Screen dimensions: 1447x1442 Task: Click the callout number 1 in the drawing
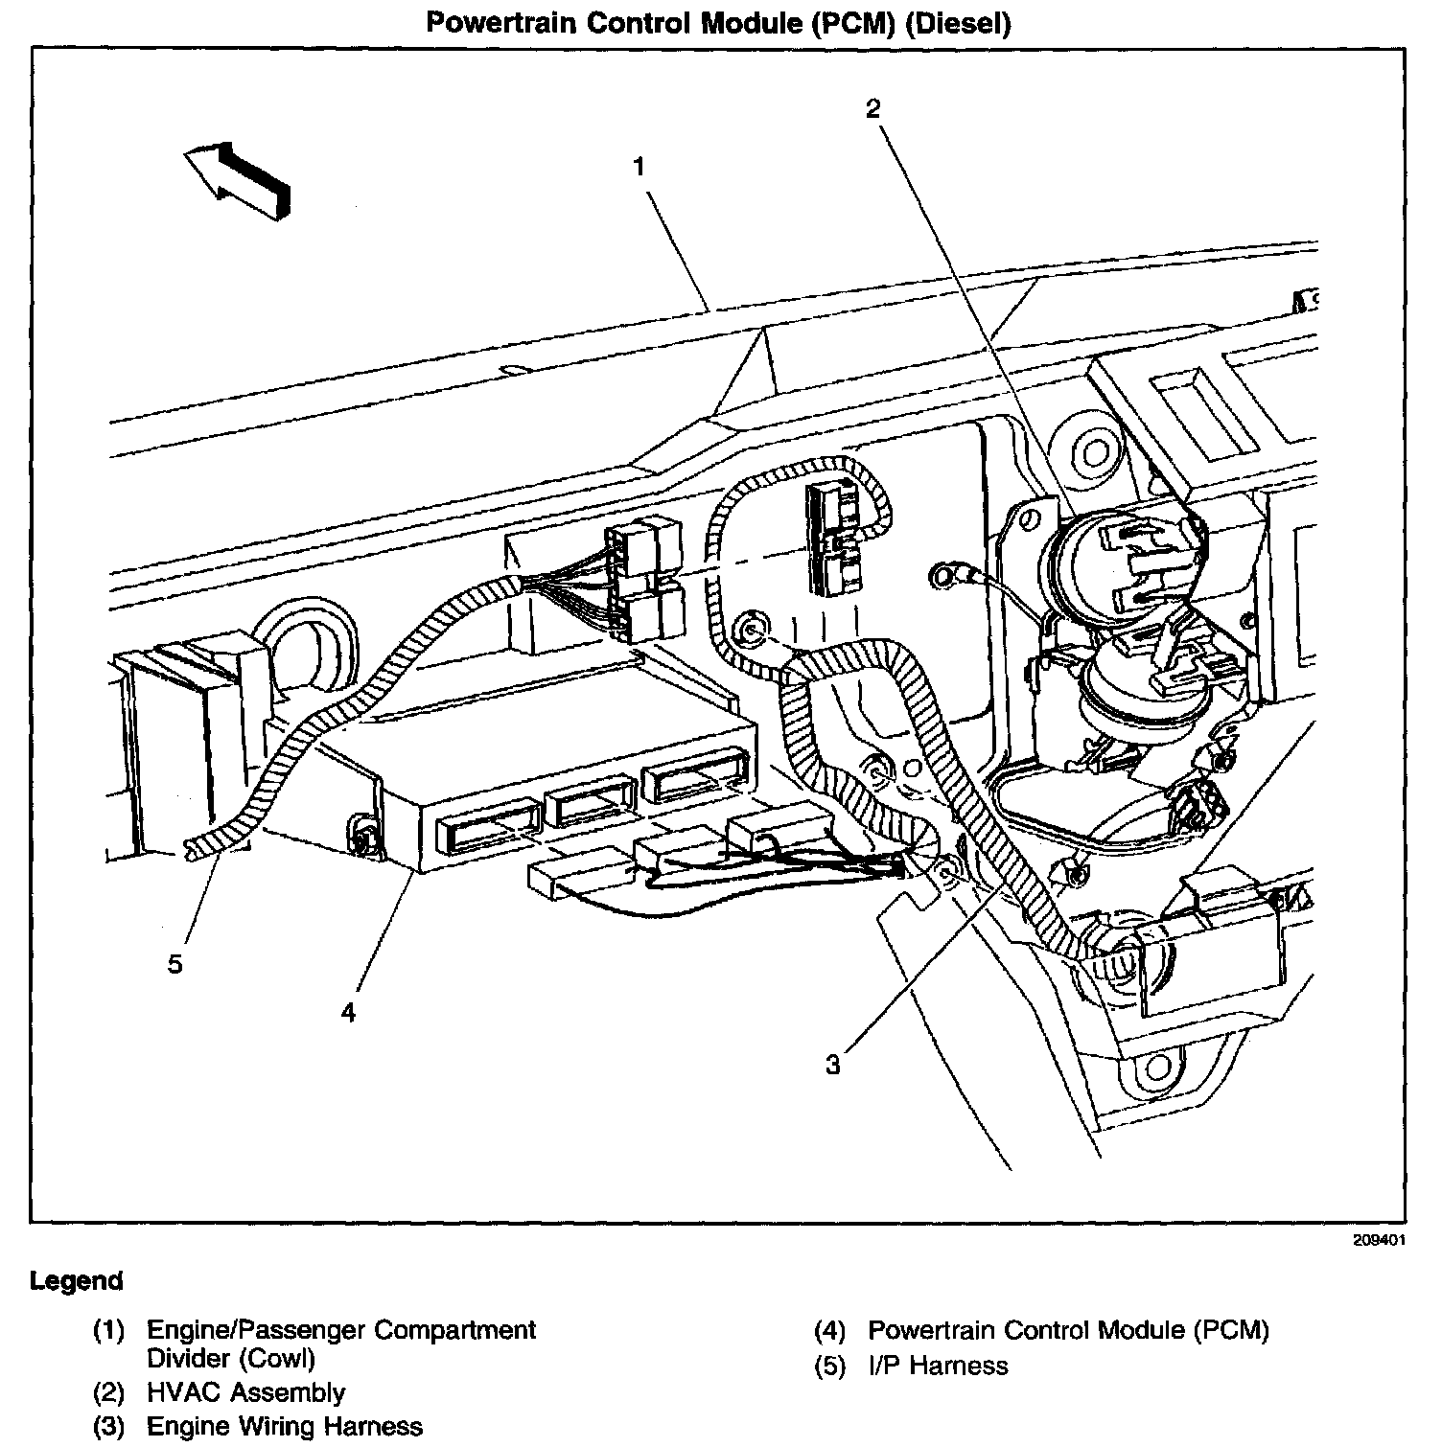(639, 167)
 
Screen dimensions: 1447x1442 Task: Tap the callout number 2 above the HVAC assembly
(872, 109)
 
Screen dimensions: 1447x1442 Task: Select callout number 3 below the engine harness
(832, 1064)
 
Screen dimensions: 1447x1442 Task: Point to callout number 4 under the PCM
(348, 1012)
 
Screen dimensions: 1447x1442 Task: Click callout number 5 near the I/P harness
(174, 963)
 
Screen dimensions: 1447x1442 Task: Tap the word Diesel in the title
(963, 23)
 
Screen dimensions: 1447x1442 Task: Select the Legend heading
(77, 1281)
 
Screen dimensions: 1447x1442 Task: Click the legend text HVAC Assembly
(245, 1392)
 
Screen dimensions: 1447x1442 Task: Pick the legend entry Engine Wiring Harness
(284, 1426)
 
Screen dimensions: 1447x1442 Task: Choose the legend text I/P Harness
(938, 1366)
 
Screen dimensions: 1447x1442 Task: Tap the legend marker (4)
(830, 1330)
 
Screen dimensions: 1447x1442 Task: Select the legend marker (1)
(109, 1330)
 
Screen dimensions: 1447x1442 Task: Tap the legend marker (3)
(109, 1426)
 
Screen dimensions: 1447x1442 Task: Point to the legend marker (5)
(830, 1366)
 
